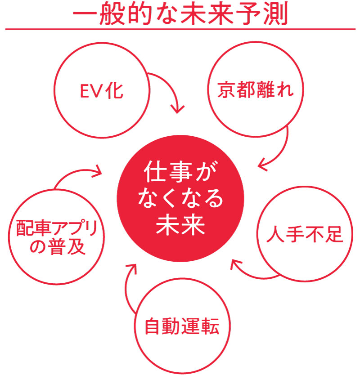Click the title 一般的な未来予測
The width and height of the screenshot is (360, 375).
(x=180, y=15)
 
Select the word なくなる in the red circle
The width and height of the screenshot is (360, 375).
(x=180, y=199)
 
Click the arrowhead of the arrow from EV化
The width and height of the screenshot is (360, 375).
(x=178, y=109)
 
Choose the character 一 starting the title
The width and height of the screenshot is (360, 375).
(x=85, y=15)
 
